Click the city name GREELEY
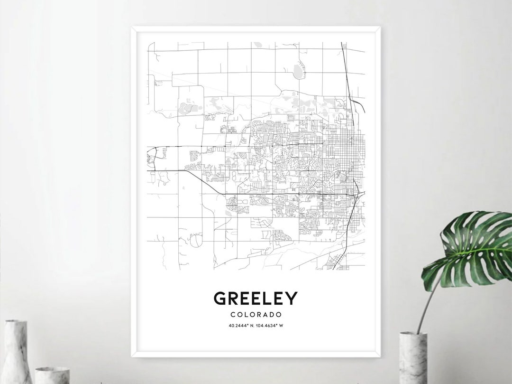pos(256,298)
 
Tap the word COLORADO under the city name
pos(256,314)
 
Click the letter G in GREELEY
pos(220,298)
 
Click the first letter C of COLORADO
pos(231,314)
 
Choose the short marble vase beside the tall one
pos(52,375)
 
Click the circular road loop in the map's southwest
pos(194,242)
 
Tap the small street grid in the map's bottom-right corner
pos(339,261)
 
